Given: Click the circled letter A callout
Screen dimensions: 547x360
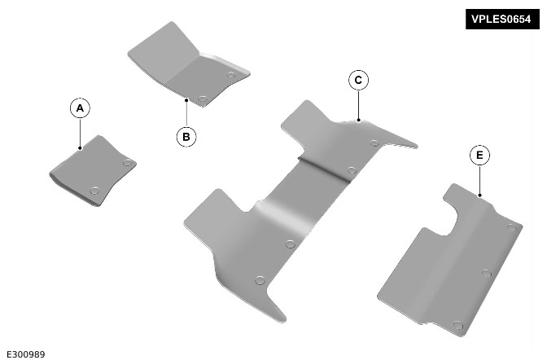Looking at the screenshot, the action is [x=80, y=108].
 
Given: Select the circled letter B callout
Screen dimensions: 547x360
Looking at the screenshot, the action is [x=186, y=137].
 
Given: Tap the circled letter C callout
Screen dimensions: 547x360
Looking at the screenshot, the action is [x=358, y=81].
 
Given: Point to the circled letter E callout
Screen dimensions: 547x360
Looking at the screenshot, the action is [x=479, y=155].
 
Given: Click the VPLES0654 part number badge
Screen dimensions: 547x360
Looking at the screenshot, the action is [x=502, y=19].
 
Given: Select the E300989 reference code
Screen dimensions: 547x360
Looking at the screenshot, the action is [x=26, y=354].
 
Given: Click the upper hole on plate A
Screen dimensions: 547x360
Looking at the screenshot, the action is [x=128, y=162].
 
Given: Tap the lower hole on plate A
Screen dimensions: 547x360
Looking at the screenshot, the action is [x=94, y=191].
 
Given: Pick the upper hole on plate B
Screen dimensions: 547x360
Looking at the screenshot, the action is [x=230, y=74].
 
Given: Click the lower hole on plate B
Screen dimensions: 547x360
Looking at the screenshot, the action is [x=202, y=99].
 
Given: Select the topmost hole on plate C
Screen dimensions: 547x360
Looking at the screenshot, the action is [x=374, y=143].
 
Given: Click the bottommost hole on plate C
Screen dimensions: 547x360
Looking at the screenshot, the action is [x=260, y=280].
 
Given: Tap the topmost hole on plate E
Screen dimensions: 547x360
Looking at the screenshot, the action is [x=511, y=228].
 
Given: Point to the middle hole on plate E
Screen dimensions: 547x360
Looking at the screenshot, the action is [x=487, y=273].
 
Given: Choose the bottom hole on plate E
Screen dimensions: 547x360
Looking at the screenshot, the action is [x=458, y=326].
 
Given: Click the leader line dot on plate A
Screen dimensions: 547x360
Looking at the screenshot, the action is [x=80, y=148].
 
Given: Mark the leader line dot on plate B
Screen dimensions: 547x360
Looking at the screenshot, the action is [x=186, y=100].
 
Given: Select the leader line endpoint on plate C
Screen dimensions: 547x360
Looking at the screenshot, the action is [x=359, y=120].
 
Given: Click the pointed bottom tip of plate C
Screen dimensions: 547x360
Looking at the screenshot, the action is [x=284, y=319].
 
